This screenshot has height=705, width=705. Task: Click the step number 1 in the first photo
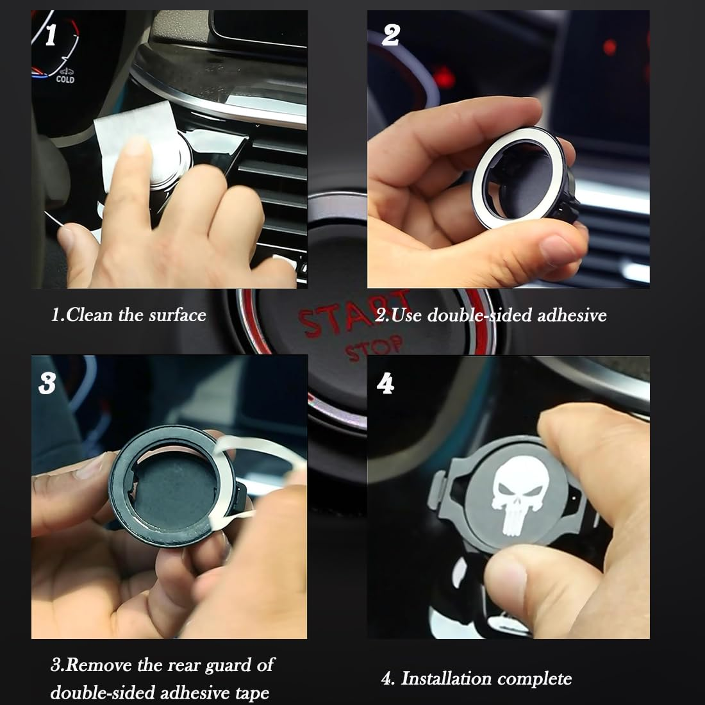50,35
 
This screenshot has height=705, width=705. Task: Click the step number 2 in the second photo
390,35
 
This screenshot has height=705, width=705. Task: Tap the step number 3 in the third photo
47,383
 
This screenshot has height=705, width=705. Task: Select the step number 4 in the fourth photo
385,383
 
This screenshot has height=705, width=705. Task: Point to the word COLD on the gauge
65,79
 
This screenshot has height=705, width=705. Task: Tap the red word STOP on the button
374,349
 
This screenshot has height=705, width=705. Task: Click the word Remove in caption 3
99,665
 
